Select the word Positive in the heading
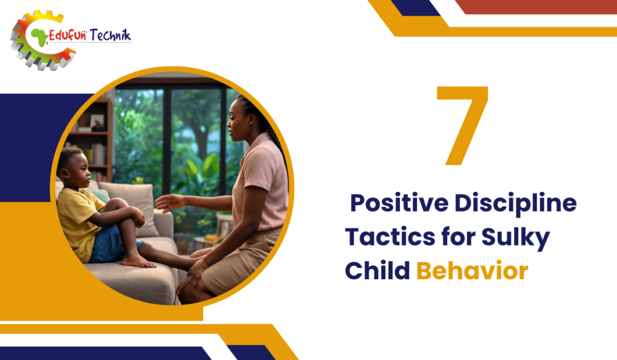[x=399, y=203]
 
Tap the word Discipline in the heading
[x=516, y=203]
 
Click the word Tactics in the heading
[x=390, y=237]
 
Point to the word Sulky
[x=516, y=238]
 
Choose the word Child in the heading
[x=377, y=270]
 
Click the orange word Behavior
[x=472, y=270]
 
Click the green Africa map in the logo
[x=39, y=37]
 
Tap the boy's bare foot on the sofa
[x=138, y=261]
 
